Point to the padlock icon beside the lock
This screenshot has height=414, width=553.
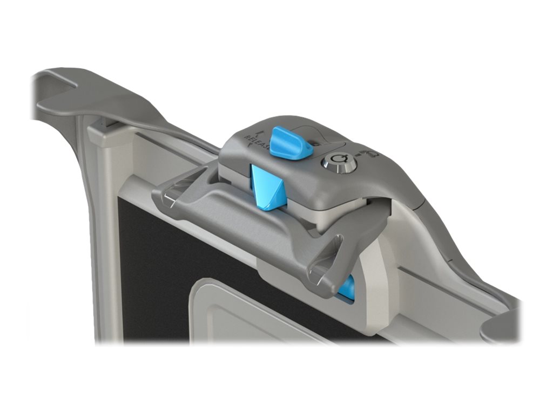tap(373, 155)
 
